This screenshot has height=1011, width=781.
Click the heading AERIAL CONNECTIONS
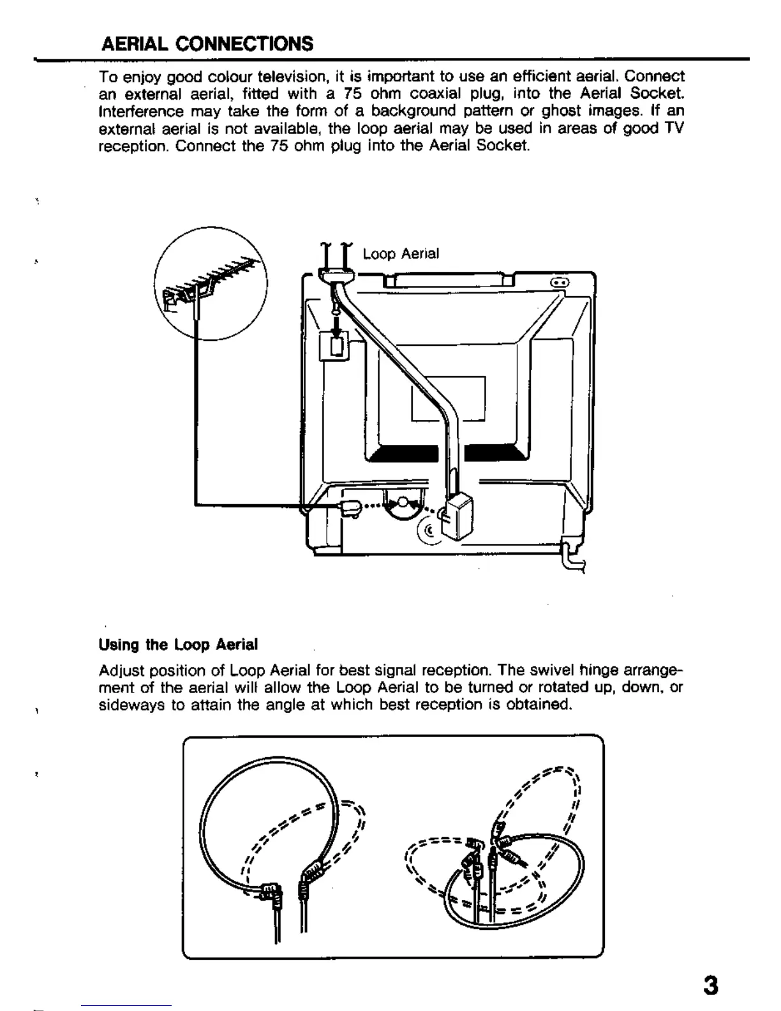pyautogui.click(x=207, y=44)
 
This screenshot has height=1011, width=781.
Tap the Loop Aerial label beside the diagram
pyautogui.click(x=401, y=254)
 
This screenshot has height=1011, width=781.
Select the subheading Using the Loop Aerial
pyautogui.click(x=178, y=645)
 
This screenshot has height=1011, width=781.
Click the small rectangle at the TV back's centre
pyautogui.click(x=448, y=398)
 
